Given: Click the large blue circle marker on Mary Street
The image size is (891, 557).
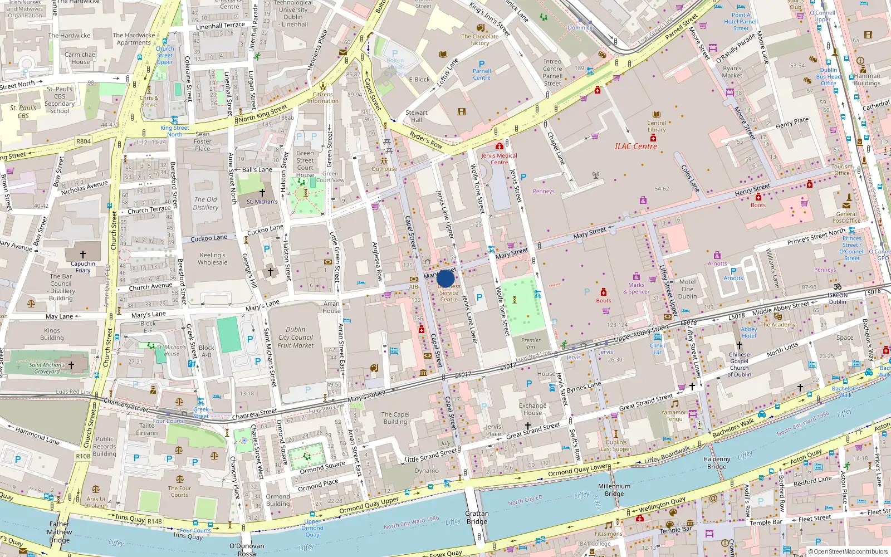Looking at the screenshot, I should pyautogui.click(x=445, y=278).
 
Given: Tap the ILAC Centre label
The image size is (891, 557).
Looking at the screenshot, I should pyautogui.click(x=635, y=146).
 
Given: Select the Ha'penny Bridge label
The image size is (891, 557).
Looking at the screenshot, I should pyautogui.click(x=717, y=463).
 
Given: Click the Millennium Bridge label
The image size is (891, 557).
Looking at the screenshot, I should pyautogui.click(x=614, y=490).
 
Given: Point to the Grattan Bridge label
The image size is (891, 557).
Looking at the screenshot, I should pyautogui.click(x=477, y=517).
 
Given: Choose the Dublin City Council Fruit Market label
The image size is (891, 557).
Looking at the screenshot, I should pyautogui.click(x=296, y=338).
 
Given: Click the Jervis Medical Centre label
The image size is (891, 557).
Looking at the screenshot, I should pyautogui.click(x=499, y=159).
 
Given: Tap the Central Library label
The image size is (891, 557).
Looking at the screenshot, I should pyautogui.click(x=657, y=126).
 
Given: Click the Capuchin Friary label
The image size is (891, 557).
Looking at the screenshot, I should pyautogui.click(x=83, y=267).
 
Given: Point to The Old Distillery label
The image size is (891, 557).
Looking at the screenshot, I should pyautogui.click(x=205, y=203).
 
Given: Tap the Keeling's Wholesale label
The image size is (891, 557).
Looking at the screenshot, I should pyautogui.click(x=213, y=258).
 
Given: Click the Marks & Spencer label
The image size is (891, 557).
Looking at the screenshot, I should pyautogui.click(x=636, y=288).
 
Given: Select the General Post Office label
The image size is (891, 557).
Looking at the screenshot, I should pyautogui.click(x=846, y=217).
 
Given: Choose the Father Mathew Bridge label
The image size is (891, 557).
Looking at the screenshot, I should pyautogui.click(x=60, y=532).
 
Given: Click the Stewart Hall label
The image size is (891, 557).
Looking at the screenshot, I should pyautogui.click(x=417, y=116).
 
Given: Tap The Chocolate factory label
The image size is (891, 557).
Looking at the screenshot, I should pyautogui.click(x=479, y=40).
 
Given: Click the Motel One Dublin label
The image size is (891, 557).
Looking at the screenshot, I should pyautogui.click(x=687, y=289).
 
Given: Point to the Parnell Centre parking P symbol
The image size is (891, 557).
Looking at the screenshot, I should pyautogui.click(x=482, y=64).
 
